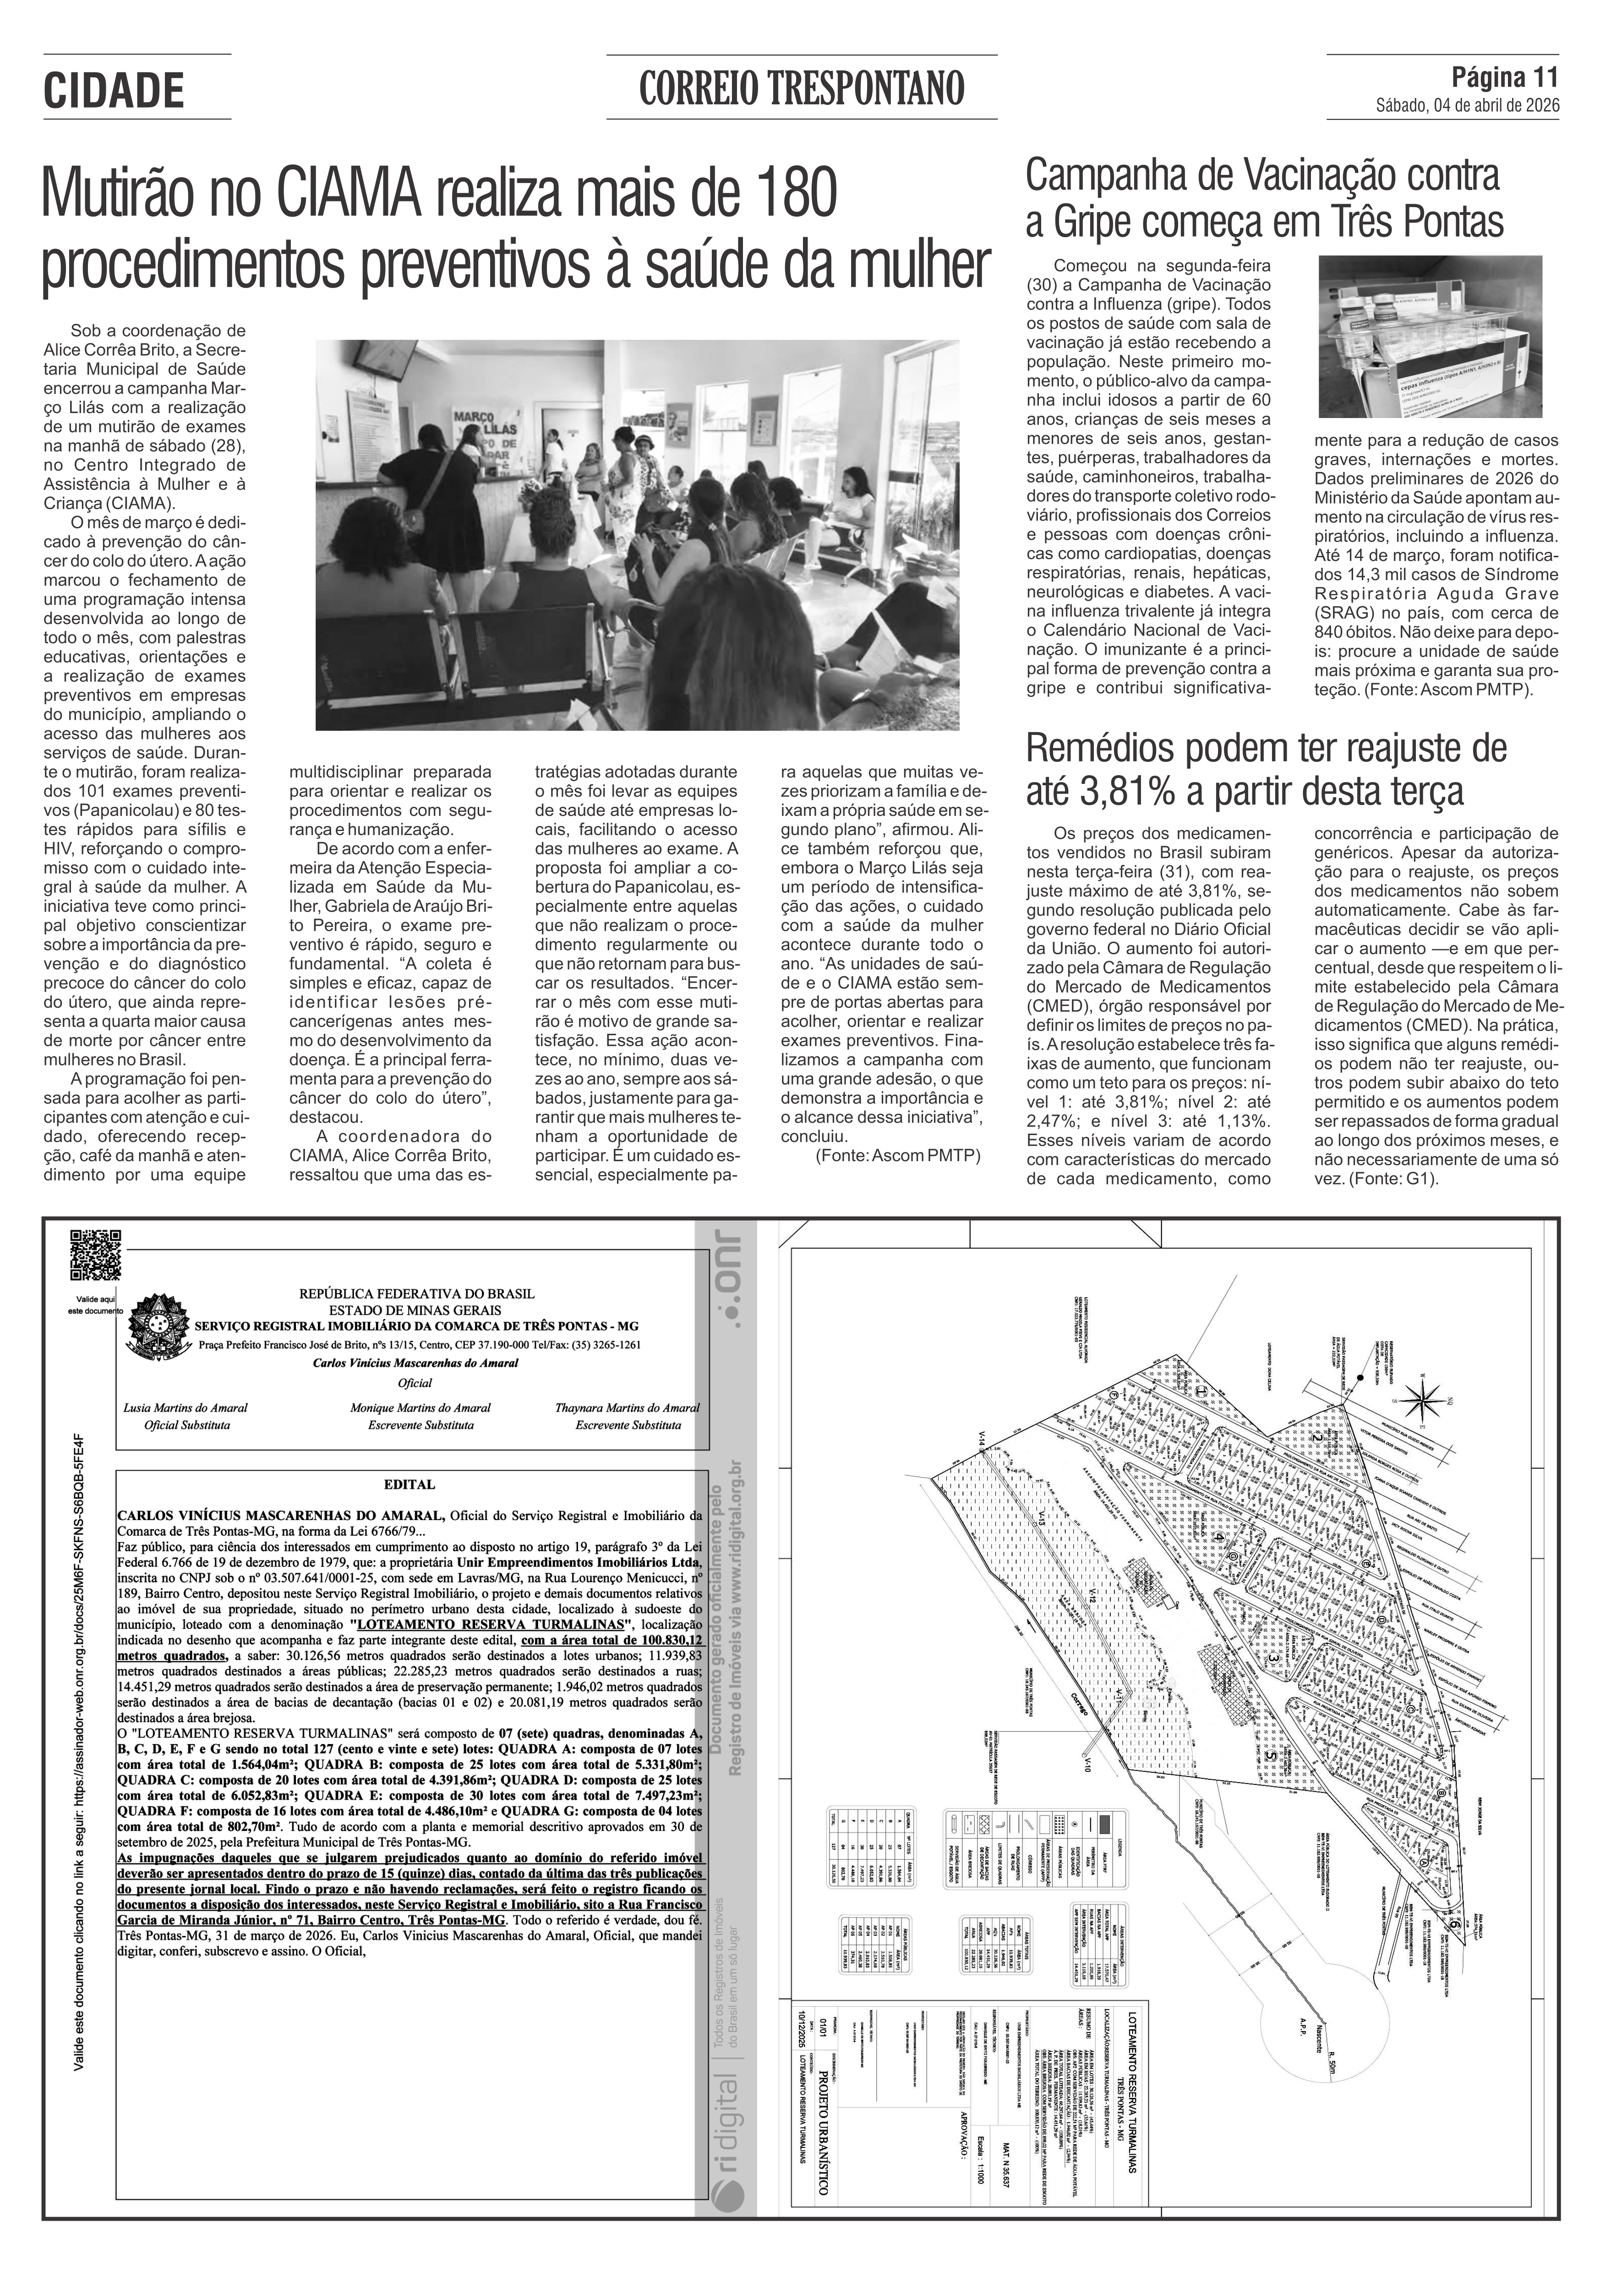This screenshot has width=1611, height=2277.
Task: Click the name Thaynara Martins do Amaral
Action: click(627, 1407)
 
